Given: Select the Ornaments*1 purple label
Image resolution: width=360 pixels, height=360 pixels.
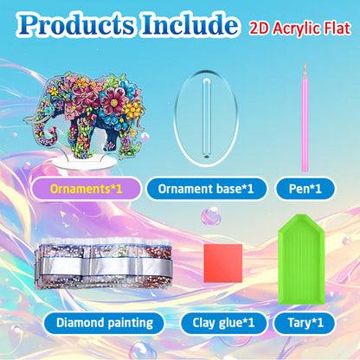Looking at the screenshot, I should (84, 188).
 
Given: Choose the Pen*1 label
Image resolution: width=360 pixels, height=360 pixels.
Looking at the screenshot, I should (304, 188).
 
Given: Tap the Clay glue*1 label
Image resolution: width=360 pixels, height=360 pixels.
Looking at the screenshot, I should (223, 324).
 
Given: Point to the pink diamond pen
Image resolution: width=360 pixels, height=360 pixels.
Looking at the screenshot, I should (305, 121).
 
